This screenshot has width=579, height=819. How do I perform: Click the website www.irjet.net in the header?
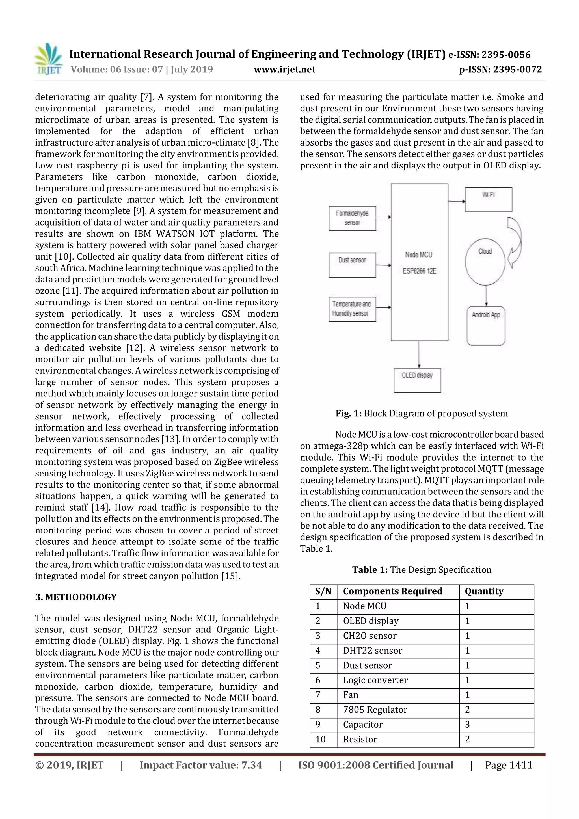pos(284,69)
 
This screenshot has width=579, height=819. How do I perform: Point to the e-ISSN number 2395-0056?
pos(505,55)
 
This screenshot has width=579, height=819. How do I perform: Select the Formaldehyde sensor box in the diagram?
pos(352,218)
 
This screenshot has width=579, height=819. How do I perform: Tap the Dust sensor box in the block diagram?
pos(352,265)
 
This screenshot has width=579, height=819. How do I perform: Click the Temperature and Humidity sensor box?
pos(352,309)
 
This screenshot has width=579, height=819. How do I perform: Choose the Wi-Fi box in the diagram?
pos(488,199)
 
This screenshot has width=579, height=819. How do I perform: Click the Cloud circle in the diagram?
pos(485,262)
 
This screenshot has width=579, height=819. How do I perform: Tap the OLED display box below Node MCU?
pos(417,380)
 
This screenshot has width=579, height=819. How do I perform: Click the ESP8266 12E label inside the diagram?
pos(419,271)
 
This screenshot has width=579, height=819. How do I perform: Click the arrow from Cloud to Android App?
pos(486,295)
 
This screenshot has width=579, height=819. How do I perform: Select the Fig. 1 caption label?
pos(348,413)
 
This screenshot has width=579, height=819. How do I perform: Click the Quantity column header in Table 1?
pos(484,591)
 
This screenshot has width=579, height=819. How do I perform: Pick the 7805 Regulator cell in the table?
pos(375,710)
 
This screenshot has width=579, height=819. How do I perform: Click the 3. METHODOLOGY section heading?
pos(76,597)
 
